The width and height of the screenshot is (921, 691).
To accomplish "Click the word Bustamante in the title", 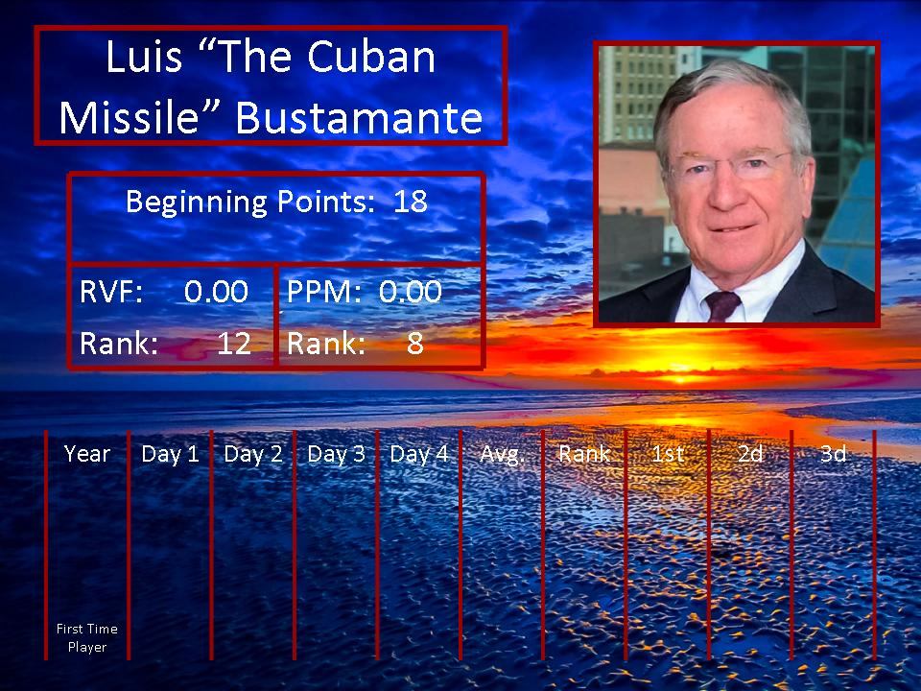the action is tap(359, 117).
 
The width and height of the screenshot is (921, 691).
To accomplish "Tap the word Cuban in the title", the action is tap(371, 57).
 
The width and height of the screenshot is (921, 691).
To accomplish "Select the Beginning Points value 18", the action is tap(410, 202).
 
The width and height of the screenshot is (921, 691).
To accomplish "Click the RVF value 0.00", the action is tap(216, 292).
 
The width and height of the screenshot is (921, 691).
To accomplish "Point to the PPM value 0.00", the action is tap(410, 292).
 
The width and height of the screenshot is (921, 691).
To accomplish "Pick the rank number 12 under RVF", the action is tap(234, 344).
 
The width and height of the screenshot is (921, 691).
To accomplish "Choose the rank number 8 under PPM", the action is tap(414, 344).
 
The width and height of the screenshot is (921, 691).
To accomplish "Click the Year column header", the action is tap(87, 454).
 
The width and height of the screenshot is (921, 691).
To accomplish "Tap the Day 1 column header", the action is tap(170, 454).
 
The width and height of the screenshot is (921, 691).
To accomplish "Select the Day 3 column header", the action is tap(336, 454).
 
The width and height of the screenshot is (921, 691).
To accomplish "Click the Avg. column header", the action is tap(501, 454).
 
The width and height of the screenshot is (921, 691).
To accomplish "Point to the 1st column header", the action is tap(668, 454).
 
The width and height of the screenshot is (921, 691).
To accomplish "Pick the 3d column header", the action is tap(833, 454).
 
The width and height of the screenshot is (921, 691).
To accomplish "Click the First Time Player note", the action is tap(87, 638).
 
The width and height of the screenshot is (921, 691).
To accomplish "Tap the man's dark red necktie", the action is tap(721, 305).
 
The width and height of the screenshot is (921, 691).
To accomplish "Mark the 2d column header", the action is tap(750, 454).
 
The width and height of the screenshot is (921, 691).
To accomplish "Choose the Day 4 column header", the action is tap(419, 454).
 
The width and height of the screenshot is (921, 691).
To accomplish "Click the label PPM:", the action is tap(323, 292).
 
